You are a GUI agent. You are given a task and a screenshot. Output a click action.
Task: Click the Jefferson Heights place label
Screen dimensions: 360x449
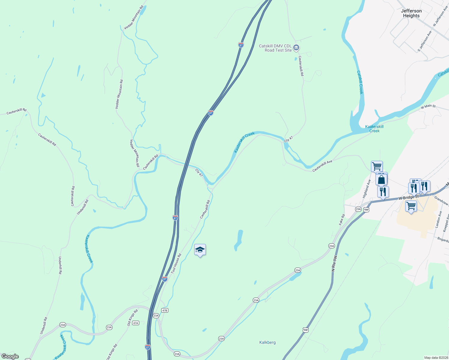pyautogui.click(x=411, y=13)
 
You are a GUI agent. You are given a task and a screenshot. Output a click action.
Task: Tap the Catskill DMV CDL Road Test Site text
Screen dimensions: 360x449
pyautogui.click(x=275, y=48)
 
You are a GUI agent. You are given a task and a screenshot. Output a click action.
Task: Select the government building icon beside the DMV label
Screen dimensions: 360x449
pyautogui.click(x=296, y=48)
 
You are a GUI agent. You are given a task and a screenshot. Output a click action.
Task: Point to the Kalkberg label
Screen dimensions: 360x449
pyautogui.click(x=267, y=342)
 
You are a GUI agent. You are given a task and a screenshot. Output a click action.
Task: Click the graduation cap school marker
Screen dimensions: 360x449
pyautogui.click(x=200, y=250)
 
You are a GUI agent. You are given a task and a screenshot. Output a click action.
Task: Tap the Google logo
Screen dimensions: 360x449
pyautogui.click(x=10, y=356)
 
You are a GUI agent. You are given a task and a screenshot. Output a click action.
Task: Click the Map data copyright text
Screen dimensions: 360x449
pyautogui.click(x=436, y=358)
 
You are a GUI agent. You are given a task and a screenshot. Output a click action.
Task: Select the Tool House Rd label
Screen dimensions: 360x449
pyautogui.click(x=176, y=264)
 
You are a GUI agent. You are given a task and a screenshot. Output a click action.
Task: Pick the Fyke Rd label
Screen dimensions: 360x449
pyautogui.click(x=342, y=220)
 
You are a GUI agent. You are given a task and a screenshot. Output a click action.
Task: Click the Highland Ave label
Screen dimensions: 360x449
pyautogui.click(x=366, y=189)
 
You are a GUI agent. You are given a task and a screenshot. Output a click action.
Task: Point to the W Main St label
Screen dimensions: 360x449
pyautogui.click(x=428, y=106)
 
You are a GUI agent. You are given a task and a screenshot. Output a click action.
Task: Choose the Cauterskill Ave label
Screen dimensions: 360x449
pyautogui.click(x=322, y=166)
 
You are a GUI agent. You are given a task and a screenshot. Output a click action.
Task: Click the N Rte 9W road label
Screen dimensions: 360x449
pyautogui.click(x=334, y=263)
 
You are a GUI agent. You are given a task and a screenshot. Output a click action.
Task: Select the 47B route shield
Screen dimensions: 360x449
pyautogui.click(x=164, y=310)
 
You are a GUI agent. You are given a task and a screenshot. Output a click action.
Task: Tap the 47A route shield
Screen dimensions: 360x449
pyautogui.click(x=136, y=323)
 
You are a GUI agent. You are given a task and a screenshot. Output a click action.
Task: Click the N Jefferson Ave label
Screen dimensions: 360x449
pyautogui.click(x=440, y=16)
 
